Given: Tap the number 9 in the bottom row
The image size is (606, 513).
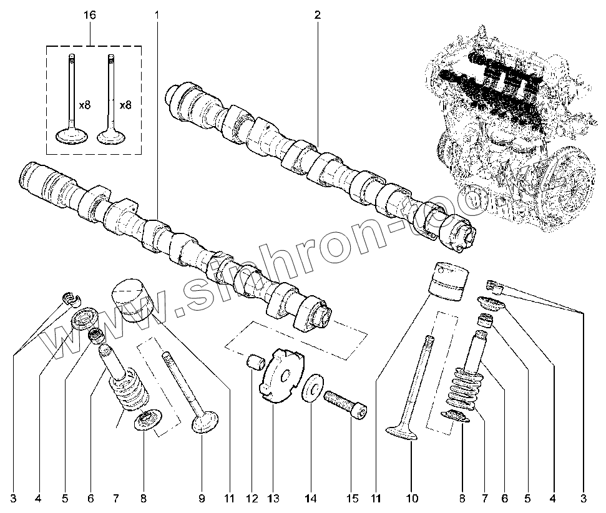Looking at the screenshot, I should (x=202, y=499).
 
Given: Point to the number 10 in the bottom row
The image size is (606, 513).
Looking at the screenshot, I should (x=412, y=499).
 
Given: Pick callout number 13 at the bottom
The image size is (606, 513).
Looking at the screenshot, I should (x=273, y=499).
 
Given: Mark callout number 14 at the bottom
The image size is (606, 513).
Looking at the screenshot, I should (x=311, y=499).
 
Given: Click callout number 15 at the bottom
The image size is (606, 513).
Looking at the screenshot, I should (x=353, y=499).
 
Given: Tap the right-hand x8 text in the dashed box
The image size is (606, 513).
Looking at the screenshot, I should (x=125, y=105).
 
